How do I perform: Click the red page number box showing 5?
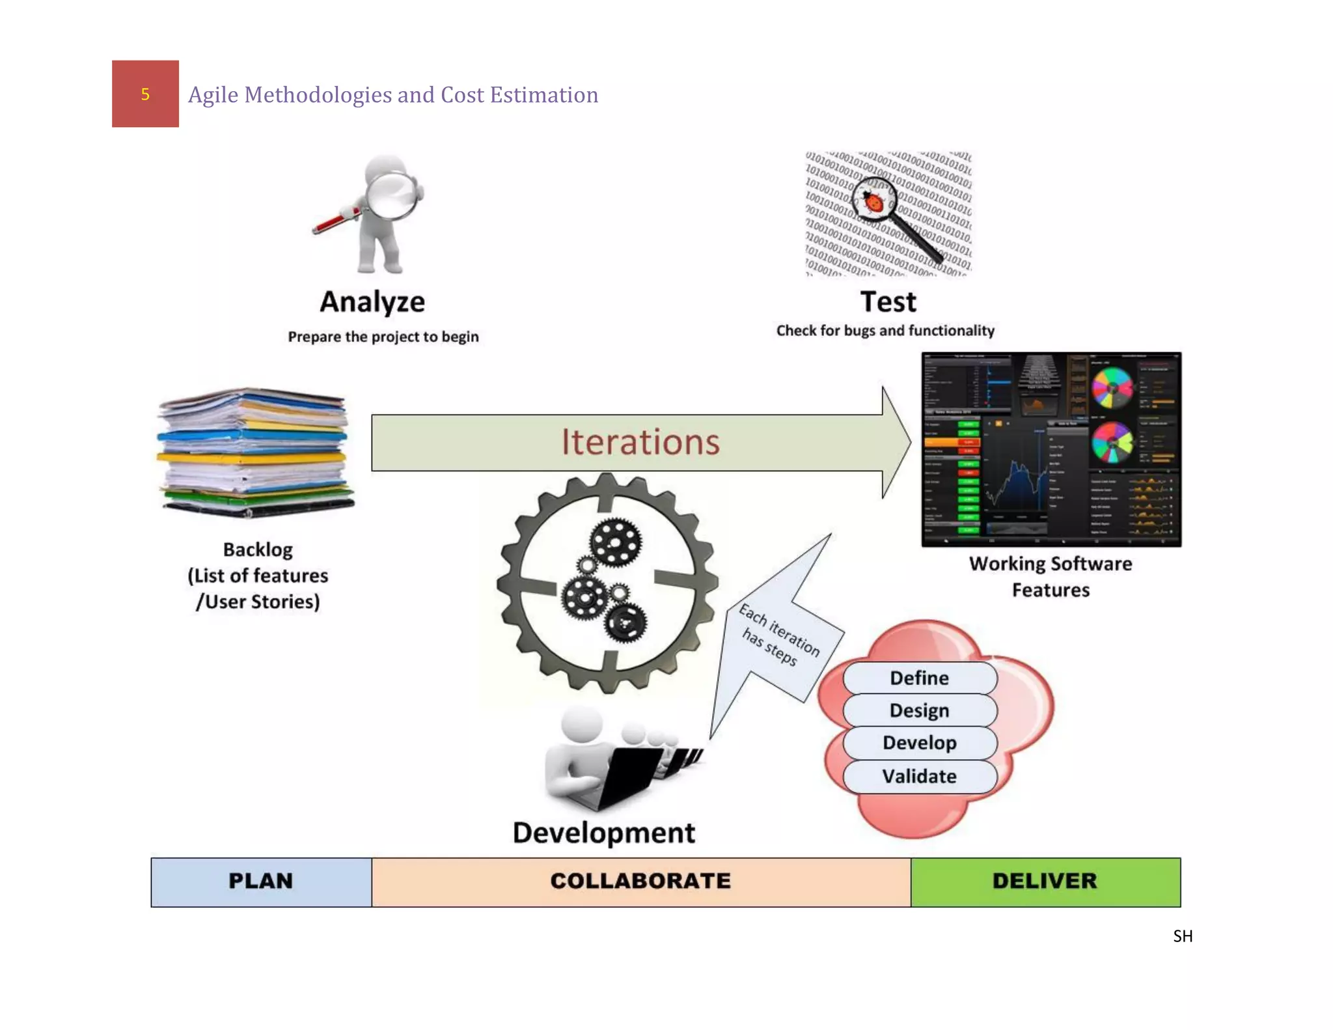coord(145,94)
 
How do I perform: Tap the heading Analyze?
coord(372,302)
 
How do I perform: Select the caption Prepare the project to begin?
coord(383,337)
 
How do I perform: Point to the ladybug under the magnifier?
coord(873,201)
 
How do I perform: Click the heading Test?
coord(888,302)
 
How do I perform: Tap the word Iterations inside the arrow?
coord(640,442)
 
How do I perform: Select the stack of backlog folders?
coord(254,452)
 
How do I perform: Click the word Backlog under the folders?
coord(258,550)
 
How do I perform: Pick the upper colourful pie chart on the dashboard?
coord(1112,388)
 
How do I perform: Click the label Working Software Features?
coord(1051,576)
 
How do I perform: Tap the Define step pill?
coord(919,678)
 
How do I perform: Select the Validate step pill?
coord(919,776)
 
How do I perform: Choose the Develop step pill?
coord(919,743)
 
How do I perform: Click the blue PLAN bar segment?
coord(261,882)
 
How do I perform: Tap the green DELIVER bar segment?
coord(1045,882)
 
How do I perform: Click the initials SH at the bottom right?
coord(1182,936)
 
